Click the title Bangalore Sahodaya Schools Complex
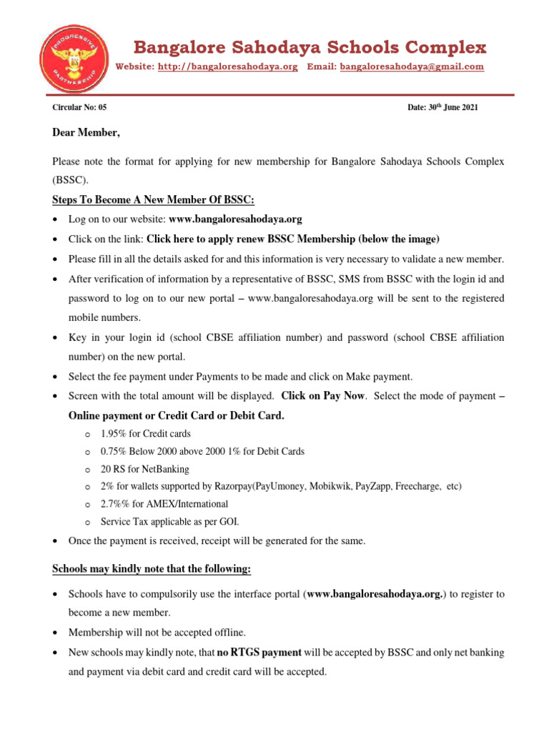point(311,48)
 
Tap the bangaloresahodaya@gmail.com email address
point(412,66)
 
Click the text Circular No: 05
point(79,107)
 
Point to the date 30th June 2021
point(442,107)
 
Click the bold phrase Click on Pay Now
point(323,395)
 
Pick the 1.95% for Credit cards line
point(146,434)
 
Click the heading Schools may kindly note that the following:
point(152,569)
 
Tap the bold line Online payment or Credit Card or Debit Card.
point(176,415)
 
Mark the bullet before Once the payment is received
point(56,542)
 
